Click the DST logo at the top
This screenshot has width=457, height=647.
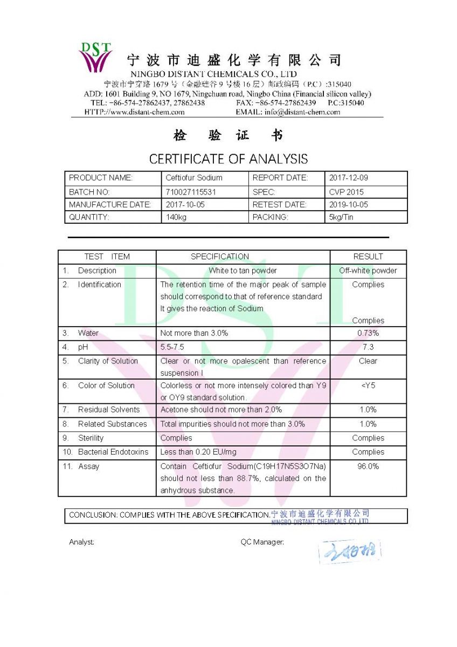pos(95,57)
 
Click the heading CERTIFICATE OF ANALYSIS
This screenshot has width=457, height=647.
pos(228,159)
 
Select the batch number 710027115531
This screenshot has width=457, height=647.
pos(190,192)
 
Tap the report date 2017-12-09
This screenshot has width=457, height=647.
pos(349,178)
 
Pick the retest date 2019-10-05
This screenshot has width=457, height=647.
pos(349,205)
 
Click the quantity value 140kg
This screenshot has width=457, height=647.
pos(176,217)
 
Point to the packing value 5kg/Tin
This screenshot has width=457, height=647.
pos(341,217)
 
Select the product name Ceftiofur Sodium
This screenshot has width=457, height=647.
pos(193,178)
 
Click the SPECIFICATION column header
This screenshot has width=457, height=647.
pos(220,257)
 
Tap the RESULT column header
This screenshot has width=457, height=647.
pos(368,257)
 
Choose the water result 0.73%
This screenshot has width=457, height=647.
pos(368,333)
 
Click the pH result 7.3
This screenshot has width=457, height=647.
pos(368,347)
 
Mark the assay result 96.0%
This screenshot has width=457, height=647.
pos(368,466)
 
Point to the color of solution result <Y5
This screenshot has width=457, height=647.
pos(368,386)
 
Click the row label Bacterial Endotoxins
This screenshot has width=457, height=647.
pos(113,452)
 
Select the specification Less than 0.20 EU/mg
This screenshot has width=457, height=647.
pos(198,452)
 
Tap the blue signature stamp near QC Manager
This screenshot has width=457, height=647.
pos(350,552)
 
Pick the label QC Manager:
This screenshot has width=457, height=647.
pos(262,542)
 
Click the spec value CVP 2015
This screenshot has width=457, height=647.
pos(346,192)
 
